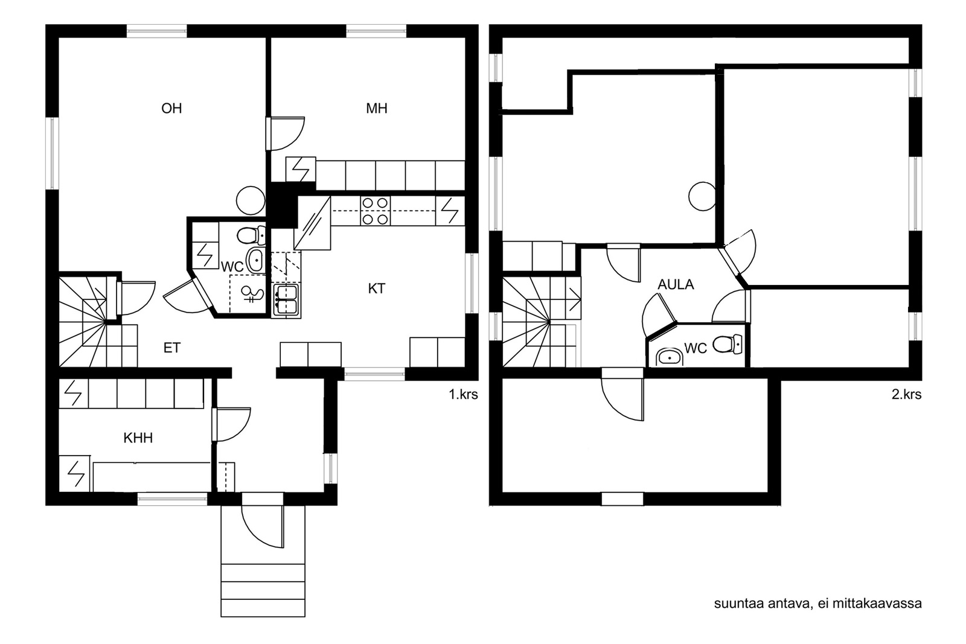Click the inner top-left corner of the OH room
pyautogui.click(x=59, y=38)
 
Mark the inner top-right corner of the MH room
pyautogui.click(x=465, y=38)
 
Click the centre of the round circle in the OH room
pyautogui.click(x=251, y=200)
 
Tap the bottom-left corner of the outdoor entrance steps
pyautogui.click(x=221, y=616)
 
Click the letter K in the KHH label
pyautogui.click(x=127, y=438)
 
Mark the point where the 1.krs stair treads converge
pyautogui.click(x=106, y=321)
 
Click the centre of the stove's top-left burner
pyautogui.click(x=368, y=203)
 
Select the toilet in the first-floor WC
pyautogui.click(x=251, y=235)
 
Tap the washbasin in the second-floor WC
pyautogui.click(x=668, y=357)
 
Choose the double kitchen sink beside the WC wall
pyautogui.click(x=286, y=300)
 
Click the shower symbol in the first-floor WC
pyautogui.click(x=252, y=294)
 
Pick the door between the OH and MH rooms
pyautogui.click(x=285, y=133)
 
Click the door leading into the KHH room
pyautogui.click(x=231, y=424)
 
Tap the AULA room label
pyautogui.click(x=676, y=284)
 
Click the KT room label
pyautogui.click(x=377, y=289)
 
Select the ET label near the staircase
pyautogui.click(x=171, y=348)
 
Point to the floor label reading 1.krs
pyautogui.click(x=464, y=394)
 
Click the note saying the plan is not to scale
pyautogui.click(x=817, y=604)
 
